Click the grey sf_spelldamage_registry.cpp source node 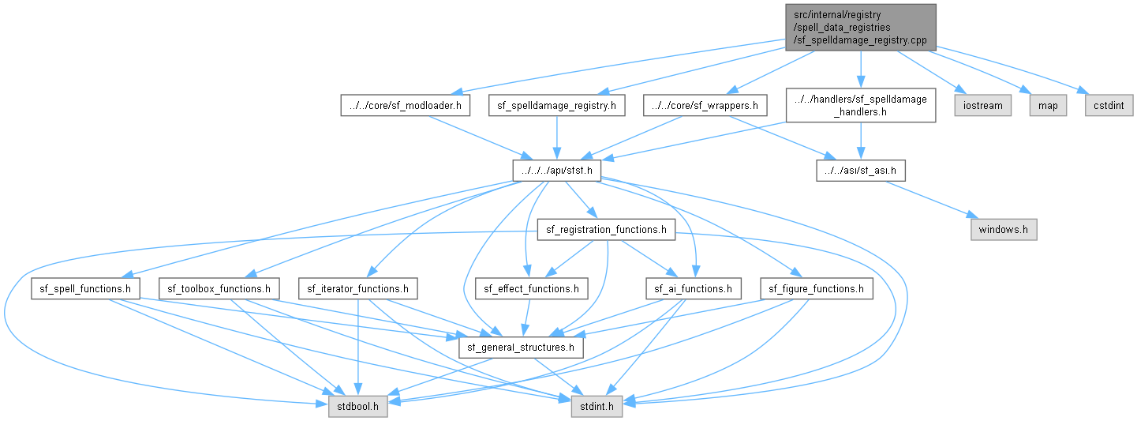(860, 28)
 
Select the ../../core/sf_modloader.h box (405, 106)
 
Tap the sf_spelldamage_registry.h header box (556, 106)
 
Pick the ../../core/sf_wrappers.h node (705, 106)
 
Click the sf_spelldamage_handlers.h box (860, 106)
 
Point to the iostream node (982, 106)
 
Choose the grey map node (1048, 106)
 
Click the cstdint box (1109, 106)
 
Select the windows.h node (1004, 230)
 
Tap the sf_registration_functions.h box (606, 230)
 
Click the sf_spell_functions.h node (85, 288)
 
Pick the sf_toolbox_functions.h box (219, 288)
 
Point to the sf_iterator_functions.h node (358, 288)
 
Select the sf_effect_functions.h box (532, 288)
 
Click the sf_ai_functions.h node (694, 288)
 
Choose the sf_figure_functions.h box (816, 288)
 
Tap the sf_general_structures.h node (521, 348)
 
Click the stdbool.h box (358, 406)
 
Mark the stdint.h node (597, 406)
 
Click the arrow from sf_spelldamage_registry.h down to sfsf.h (557, 137)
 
